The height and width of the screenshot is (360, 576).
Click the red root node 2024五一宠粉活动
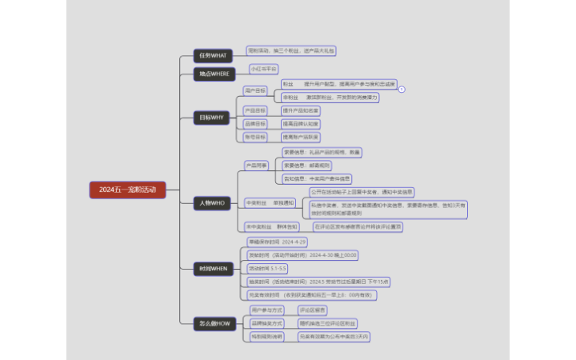(128, 190)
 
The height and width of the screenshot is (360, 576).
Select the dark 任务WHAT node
(213, 55)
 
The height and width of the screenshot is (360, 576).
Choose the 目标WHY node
(213, 118)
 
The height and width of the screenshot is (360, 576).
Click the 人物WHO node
(213, 203)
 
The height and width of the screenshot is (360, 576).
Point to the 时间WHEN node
(213, 269)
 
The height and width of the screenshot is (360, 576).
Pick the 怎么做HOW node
(213, 323)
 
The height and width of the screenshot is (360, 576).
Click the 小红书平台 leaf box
(264, 69)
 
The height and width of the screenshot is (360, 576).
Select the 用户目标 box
(255, 90)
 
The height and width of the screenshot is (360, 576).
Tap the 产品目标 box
(255, 110)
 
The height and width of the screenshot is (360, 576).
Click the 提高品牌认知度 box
(300, 124)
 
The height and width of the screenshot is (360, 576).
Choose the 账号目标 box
(255, 137)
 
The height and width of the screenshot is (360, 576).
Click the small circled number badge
(402, 90)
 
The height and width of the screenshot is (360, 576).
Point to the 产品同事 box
(257, 166)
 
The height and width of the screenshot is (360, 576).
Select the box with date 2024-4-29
(278, 242)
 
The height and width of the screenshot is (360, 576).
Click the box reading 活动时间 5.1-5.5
(267, 268)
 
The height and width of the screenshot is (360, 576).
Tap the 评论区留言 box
(312, 310)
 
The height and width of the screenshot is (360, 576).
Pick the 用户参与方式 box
(267, 310)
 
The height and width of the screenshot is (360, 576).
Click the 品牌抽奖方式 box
(267, 323)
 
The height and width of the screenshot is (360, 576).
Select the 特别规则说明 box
(267, 337)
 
